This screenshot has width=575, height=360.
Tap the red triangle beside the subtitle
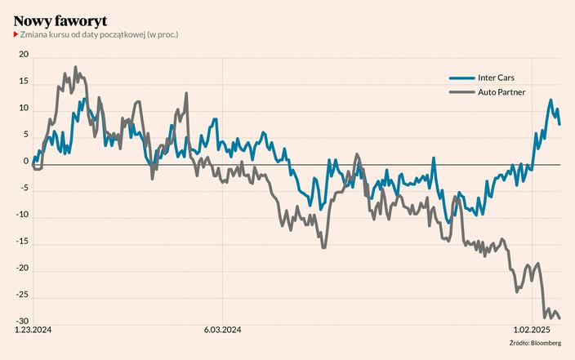(16, 34)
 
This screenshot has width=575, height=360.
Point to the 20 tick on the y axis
(24, 56)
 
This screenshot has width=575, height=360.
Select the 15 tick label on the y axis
(24, 82)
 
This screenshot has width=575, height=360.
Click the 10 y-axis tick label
(24, 109)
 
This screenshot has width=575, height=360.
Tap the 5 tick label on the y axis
(25, 136)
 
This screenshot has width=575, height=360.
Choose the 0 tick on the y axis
(25, 162)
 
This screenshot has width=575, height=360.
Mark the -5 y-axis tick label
(24, 189)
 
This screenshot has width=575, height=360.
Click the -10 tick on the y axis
(22, 216)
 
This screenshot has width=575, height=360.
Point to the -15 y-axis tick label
(22, 242)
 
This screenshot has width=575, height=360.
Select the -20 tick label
(22, 269)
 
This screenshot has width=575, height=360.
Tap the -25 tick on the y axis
(22, 295)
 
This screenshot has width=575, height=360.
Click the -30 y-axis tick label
(22, 322)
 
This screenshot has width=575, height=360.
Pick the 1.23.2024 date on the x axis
(34, 331)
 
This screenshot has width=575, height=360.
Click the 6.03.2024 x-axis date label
(222, 331)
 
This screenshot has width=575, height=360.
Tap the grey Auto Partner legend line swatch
(461, 92)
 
